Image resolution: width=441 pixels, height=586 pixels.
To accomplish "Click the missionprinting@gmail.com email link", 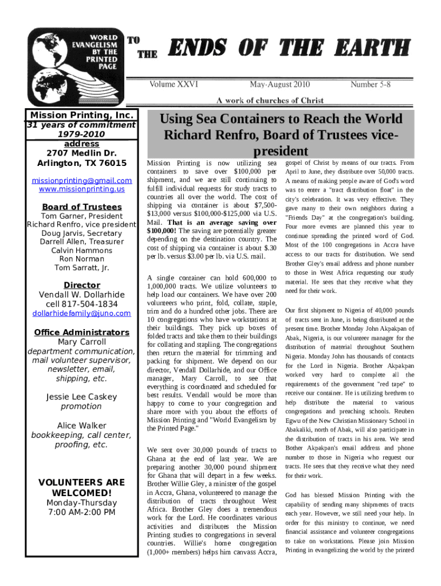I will [81, 181].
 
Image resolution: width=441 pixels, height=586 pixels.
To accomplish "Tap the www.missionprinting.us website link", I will [81, 189].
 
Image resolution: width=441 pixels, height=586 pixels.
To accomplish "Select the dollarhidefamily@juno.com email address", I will [81, 314].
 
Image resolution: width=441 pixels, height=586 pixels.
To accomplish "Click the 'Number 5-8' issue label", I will [371, 85].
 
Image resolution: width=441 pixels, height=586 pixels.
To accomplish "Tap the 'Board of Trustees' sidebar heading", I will [81, 207].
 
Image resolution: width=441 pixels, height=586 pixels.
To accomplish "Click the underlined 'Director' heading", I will [81, 285].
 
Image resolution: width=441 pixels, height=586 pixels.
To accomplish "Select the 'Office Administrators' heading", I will [81, 332].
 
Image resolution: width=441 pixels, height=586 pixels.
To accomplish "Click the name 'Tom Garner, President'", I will [81, 216].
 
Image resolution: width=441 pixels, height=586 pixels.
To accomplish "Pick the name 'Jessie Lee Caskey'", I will [81, 397].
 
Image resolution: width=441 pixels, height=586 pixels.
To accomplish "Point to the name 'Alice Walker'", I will [81, 426].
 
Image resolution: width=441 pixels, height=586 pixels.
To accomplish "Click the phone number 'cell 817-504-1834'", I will [81, 304].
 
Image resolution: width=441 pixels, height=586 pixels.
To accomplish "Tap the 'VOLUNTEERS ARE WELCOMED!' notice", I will [81, 488].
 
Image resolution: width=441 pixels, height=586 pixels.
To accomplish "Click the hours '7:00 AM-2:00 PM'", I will [81, 512].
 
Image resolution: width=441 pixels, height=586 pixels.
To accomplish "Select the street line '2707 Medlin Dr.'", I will [81, 153].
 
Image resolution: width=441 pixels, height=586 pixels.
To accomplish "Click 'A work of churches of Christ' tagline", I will [270, 101].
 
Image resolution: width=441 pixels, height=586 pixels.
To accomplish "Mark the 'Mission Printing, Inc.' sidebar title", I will [81, 115].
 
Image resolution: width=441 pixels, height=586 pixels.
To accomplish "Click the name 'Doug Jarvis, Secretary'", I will [81, 233].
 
